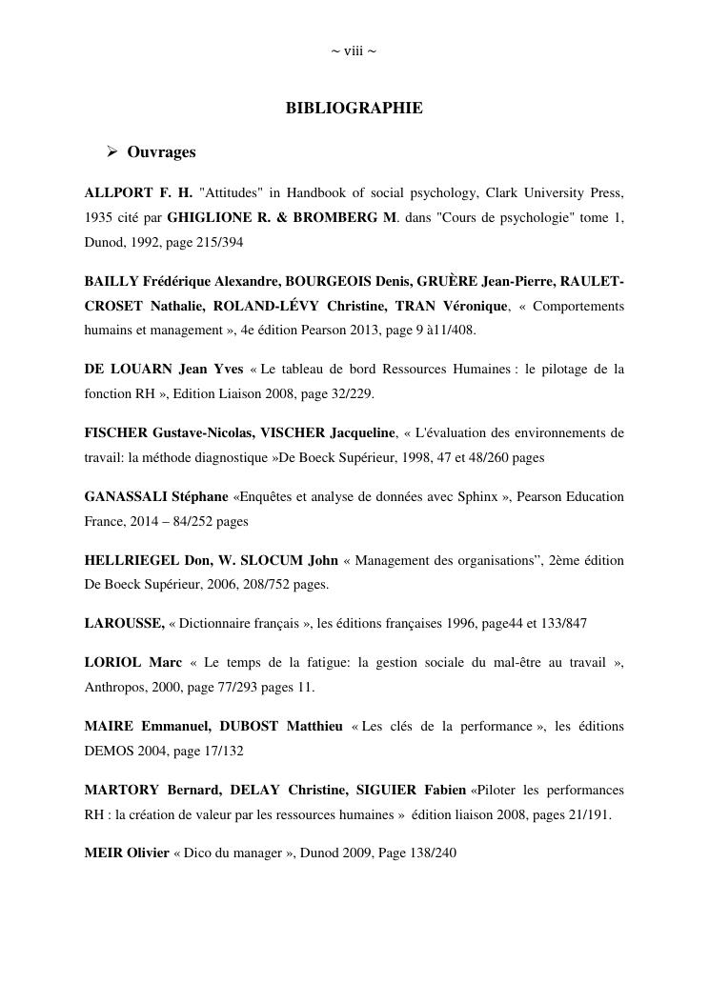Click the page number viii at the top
point(354,50)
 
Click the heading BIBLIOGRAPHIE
point(354,109)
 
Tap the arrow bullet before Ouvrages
point(111,151)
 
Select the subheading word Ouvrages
point(161,152)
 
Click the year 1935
point(100,218)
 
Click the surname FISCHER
point(117,433)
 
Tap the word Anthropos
point(116,688)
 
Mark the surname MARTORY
point(122,790)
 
